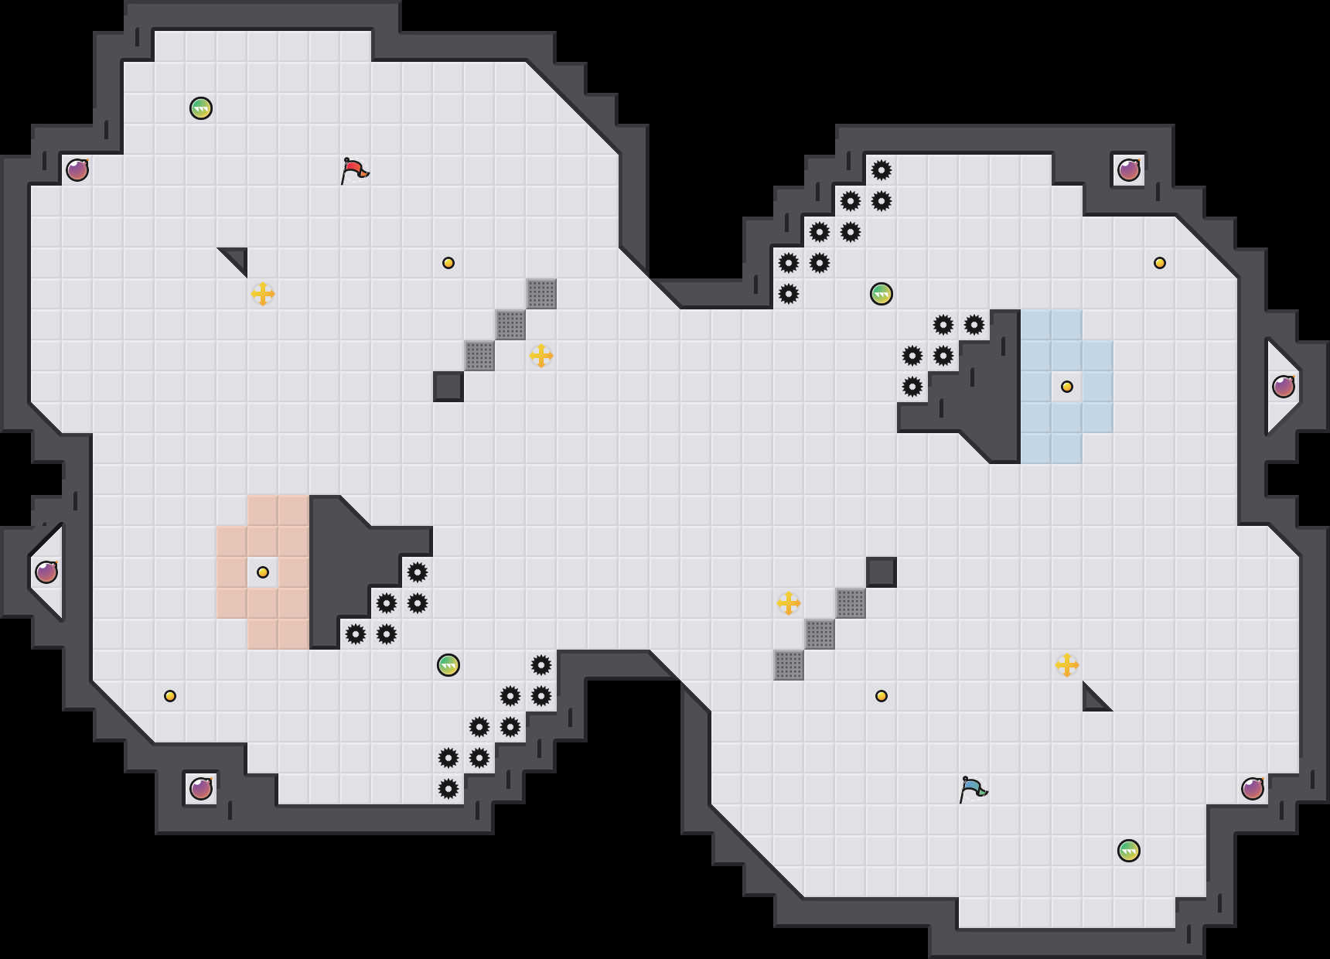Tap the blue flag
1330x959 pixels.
tap(973, 789)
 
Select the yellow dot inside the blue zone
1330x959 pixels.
tap(1067, 387)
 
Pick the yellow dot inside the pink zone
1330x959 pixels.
tap(263, 572)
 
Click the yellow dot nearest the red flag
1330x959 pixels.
tap(448, 263)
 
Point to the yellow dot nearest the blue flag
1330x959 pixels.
tap(882, 696)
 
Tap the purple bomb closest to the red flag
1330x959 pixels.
tap(77, 170)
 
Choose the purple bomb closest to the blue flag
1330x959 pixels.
tap(1253, 789)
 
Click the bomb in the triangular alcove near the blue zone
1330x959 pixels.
tap(1284, 387)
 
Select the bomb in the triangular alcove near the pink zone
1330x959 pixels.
tap(46, 572)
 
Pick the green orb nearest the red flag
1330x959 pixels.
tap(201, 108)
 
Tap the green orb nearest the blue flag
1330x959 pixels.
tap(1129, 851)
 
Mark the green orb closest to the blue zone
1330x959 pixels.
tap(882, 294)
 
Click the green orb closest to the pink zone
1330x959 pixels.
tap(448, 665)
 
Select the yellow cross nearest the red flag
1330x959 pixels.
tap(263, 294)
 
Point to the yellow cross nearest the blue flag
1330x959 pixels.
tap(1067, 665)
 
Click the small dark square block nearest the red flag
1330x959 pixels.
tap(448, 387)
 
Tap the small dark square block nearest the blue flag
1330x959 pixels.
tap(882, 572)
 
